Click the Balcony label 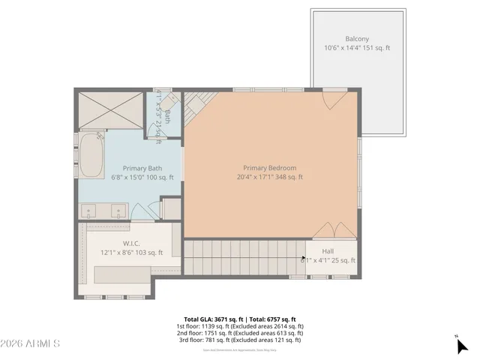point(357,38)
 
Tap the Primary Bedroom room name point(269,168)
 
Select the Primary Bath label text point(142,168)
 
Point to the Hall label point(328,251)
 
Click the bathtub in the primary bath point(92,155)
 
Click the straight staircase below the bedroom point(243,257)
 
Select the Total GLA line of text point(240,319)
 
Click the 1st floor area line point(240,326)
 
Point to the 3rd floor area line point(240,340)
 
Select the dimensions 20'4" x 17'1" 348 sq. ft point(269,178)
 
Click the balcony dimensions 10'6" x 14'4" point(357,48)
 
